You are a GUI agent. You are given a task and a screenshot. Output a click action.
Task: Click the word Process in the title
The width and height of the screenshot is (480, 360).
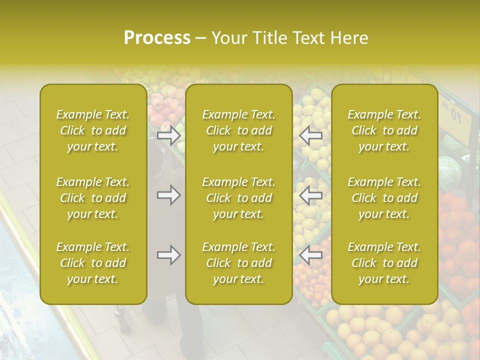tap(157, 38)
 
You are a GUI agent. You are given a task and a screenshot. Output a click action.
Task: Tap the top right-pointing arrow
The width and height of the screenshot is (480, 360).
tap(168, 135)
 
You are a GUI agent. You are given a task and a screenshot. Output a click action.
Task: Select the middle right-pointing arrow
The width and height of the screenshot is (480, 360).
tap(168, 195)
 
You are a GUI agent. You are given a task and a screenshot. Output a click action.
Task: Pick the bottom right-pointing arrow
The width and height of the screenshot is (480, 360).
tap(168, 255)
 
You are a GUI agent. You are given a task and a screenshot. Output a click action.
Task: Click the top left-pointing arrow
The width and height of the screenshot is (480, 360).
tap(311, 135)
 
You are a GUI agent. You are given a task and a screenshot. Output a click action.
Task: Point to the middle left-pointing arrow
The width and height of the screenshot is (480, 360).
tap(311, 195)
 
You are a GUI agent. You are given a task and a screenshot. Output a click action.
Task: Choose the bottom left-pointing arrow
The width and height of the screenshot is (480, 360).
tap(311, 255)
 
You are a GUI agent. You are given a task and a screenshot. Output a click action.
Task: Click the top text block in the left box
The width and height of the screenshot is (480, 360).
tap(93, 130)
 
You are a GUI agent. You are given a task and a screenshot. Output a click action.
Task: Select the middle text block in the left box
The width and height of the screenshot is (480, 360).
tap(93, 198)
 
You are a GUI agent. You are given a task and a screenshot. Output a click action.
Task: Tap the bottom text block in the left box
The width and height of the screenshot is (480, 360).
tap(93, 263)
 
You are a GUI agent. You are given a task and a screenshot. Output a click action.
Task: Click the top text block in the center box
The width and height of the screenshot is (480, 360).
tap(239, 130)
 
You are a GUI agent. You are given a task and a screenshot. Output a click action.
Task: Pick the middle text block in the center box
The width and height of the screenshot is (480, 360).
tap(239, 198)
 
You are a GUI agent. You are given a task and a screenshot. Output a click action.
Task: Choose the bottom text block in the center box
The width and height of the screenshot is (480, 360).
tap(239, 263)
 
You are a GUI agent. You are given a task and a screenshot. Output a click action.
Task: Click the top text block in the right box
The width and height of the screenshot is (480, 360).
tap(384, 130)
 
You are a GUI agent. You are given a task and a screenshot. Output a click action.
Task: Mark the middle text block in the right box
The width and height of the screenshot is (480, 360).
tap(384, 198)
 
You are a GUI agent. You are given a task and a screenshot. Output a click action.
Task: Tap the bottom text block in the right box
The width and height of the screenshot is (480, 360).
tap(384, 263)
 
